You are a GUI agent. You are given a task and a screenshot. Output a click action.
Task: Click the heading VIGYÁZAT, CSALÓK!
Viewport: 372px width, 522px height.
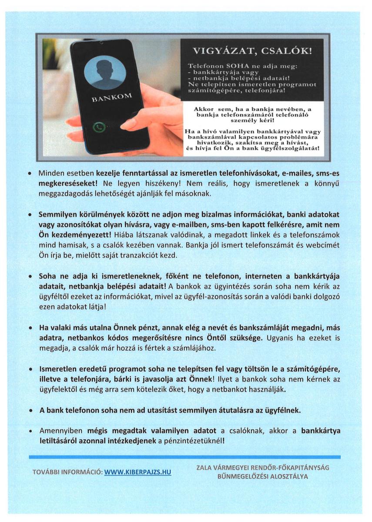click(252, 51)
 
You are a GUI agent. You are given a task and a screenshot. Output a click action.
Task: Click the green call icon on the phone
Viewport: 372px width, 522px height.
click(99, 127)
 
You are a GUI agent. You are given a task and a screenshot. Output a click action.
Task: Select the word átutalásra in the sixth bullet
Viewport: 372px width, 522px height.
click(213, 410)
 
